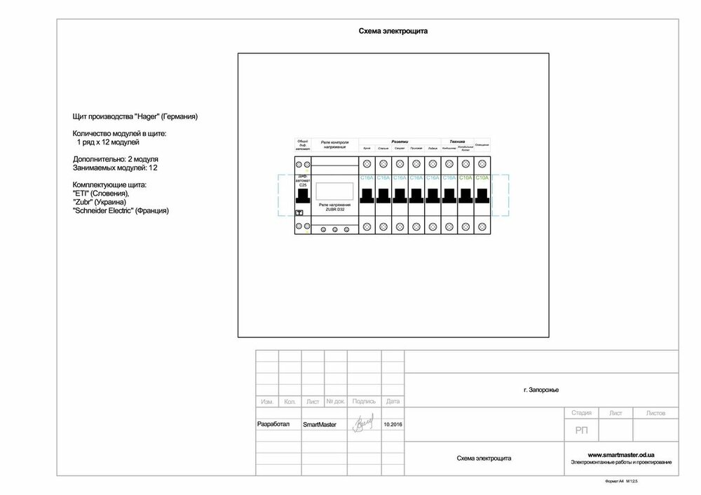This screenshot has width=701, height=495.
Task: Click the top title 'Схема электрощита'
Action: tap(393, 32)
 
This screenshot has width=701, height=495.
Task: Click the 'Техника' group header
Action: tap(457, 142)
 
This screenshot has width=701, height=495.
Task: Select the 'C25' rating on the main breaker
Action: tap(303, 184)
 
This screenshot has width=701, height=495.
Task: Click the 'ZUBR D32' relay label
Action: tap(334, 208)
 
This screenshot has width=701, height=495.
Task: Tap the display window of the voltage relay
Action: tap(334, 191)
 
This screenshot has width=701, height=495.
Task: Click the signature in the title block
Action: tap(365, 423)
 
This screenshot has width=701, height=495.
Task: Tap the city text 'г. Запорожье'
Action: tap(540, 390)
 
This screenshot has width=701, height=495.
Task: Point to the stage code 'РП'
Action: tap(581, 430)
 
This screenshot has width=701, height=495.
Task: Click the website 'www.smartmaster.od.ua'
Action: tap(621, 454)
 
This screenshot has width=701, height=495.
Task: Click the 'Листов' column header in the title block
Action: tap(655, 414)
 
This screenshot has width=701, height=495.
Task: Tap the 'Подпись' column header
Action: tap(365, 402)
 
